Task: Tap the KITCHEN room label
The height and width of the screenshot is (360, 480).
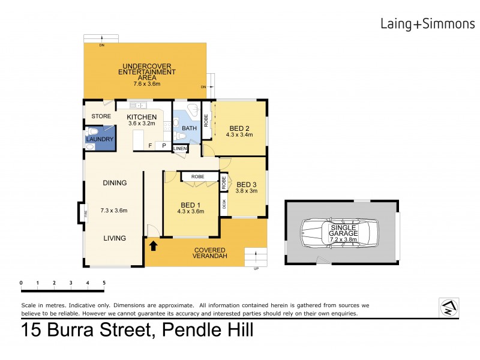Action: (x=142, y=117)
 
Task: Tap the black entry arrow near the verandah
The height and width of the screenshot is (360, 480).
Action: (x=153, y=245)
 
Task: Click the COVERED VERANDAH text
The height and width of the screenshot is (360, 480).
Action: (x=209, y=253)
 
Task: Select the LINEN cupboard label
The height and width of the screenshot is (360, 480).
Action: (x=180, y=148)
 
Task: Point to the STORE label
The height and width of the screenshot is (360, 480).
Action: (x=100, y=116)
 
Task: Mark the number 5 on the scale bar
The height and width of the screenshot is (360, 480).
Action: (x=104, y=283)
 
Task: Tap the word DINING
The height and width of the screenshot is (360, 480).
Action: (x=114, y=183)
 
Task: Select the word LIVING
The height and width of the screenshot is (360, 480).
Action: (x=114, y=238)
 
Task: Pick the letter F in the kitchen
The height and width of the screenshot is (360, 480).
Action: (x=151, y=145)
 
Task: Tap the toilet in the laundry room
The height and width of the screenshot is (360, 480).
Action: (x=93, y=131)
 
